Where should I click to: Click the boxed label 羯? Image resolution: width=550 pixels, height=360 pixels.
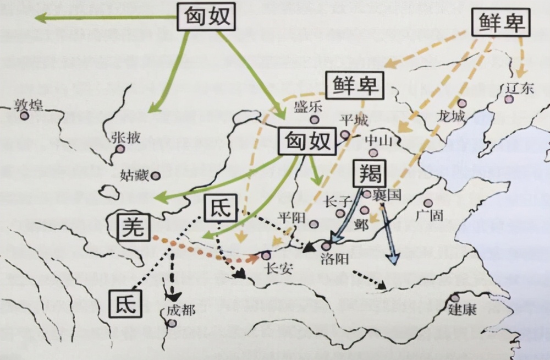coord(371,173)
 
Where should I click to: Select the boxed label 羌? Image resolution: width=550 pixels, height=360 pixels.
coord(134,227)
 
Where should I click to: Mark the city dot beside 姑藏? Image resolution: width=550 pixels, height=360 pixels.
coord(156,176)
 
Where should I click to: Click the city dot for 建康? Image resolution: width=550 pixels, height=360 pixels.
coord(455,298)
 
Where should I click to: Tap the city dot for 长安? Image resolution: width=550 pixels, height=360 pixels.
coord(267,255)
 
